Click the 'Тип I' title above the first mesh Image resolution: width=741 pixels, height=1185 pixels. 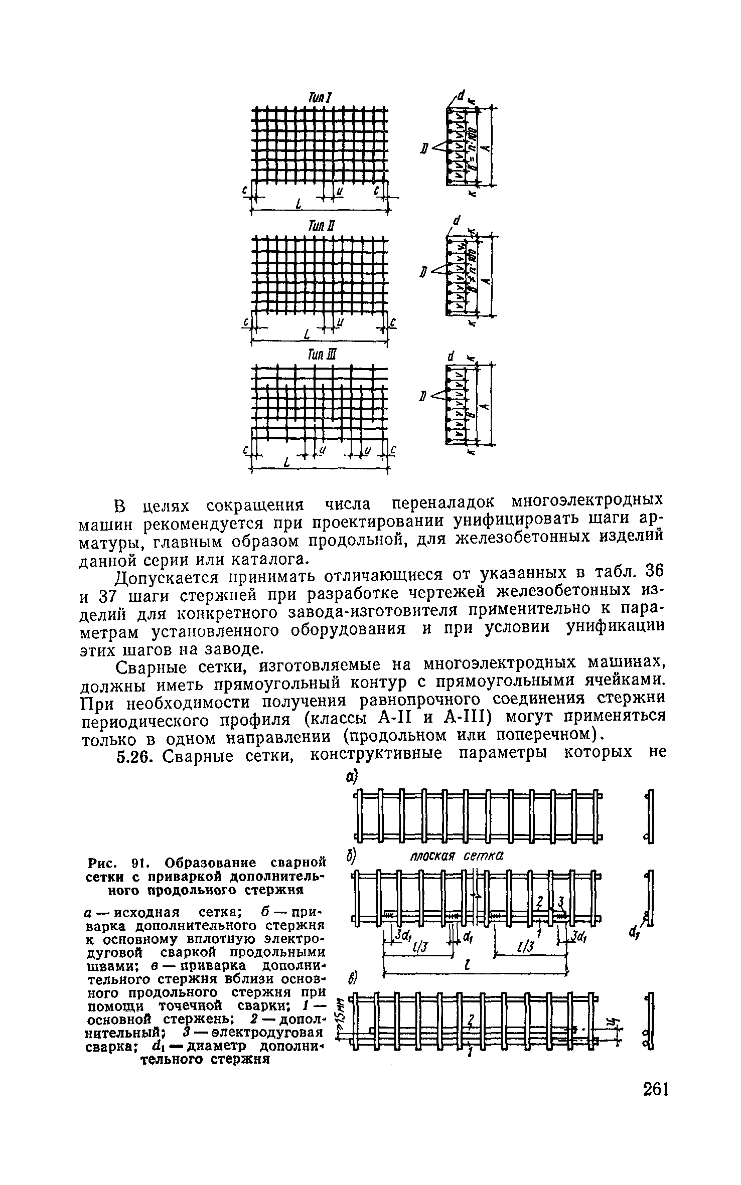319,97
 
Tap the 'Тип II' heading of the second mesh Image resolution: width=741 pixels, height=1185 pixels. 319,227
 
